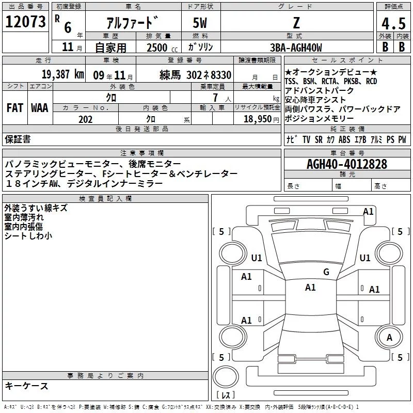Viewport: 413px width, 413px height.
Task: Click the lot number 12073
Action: pos(25,22)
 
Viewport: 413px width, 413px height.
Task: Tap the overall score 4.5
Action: pos(393,24)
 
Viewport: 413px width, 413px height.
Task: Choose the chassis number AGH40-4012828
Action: pos(347,164)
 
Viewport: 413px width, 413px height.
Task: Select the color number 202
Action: pos(85,119)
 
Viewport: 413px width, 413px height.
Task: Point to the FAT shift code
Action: pos(14,108)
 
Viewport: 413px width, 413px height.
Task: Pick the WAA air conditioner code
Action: pos(40,108)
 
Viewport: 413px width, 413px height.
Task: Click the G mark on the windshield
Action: pos(326,272)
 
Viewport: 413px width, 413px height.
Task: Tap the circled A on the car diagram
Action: pos(390,338)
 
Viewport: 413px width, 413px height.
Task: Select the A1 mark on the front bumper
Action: pos(368,211)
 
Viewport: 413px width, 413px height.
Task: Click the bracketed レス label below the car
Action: pos(226,395)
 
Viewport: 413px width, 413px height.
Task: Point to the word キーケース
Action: pos(27,386)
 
